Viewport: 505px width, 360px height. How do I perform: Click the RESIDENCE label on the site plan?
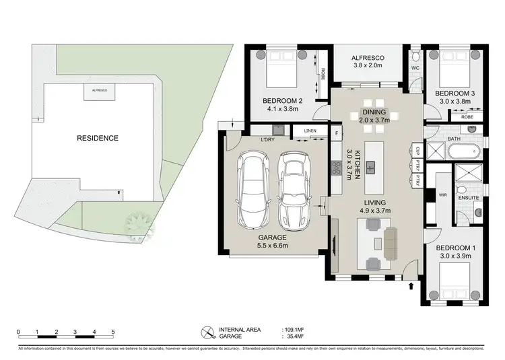[x=98, y=139]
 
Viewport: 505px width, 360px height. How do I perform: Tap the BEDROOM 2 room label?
[x=282, y=101]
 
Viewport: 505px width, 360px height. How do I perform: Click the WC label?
[x=416, y=68]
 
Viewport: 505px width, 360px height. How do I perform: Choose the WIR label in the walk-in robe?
[x=442, y=194]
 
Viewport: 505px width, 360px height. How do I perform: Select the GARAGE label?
[x=273, y=238]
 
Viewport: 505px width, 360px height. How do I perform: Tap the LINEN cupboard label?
[x=310, y=131]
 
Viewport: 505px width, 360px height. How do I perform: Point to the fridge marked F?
[x=337, y=133]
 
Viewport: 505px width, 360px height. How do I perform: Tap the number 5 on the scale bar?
[x=113, y=332]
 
